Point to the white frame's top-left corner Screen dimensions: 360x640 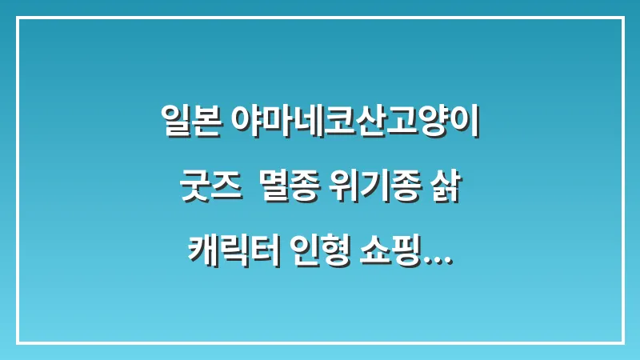click(x=18, y=18)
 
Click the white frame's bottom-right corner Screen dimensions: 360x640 click(x=622, y=342)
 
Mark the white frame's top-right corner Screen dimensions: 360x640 click(x=622, y=18)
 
